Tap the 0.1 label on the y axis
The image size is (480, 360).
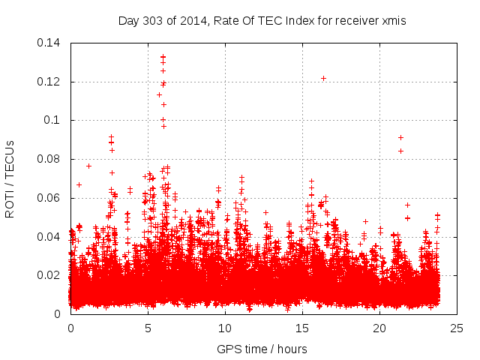tap(54, 120)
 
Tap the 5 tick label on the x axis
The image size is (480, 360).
tap(148, 328)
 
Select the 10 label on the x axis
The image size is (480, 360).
tap(225, 328)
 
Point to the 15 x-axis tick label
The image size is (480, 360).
tap(302, 328)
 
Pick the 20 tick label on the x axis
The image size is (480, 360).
tap(379, 328)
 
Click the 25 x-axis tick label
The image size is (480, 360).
tap(457, 328)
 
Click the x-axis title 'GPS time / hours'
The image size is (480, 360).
tap(262, 349)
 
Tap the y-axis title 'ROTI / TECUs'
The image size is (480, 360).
tap(10, 178)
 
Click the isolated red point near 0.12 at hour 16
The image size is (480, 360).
tap(323, 78)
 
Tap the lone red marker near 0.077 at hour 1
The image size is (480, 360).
tap(88, 166)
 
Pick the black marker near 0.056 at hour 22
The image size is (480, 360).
tap(408, 205)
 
